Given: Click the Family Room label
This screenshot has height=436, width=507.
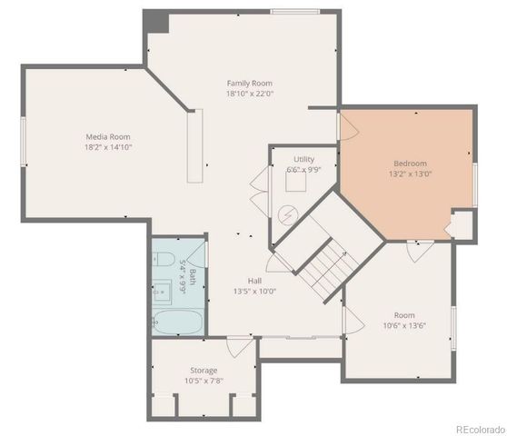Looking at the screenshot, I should (x=250, y=83).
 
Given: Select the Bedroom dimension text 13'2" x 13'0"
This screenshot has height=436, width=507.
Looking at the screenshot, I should (x=411, y=173).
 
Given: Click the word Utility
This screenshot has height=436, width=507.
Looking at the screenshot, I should (x=303, y=159).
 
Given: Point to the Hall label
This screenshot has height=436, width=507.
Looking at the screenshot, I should (x=254, y=281).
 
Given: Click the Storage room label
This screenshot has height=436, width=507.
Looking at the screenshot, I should (x=203, y=370).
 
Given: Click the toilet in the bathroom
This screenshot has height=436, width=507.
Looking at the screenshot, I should (x=164, y=261).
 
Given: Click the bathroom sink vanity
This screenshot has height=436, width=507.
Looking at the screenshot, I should (x=164, y=291).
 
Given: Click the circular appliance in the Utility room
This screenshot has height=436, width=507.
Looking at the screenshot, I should (x=289, y=214).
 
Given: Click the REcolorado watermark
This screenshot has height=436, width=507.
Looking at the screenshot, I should (x=479, y=430).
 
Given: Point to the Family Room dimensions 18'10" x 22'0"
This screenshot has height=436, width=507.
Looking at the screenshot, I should (x=250, y=93).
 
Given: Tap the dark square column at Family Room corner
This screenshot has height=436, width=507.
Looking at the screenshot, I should (x=155, y=21).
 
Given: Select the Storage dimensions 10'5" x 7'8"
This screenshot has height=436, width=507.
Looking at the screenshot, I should (x=203, y=380).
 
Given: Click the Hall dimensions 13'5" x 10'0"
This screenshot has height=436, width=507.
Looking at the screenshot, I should (x=254, y=292).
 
